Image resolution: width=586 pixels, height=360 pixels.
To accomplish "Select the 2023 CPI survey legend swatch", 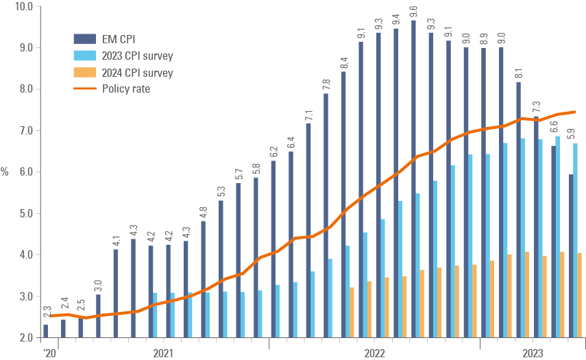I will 84,56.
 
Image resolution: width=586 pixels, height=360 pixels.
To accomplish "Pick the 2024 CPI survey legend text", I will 137,73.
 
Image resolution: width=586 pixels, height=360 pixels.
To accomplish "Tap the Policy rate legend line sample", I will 84,88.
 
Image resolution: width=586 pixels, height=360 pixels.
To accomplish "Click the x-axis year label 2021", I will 163,353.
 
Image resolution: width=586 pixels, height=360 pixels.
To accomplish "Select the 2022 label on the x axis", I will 374,353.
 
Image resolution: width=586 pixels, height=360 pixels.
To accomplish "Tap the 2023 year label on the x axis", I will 533,353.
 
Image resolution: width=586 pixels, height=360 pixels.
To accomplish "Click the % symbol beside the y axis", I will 5,171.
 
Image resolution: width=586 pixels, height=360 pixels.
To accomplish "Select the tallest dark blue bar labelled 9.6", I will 414,178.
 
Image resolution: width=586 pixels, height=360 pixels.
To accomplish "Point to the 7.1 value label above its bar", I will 309,115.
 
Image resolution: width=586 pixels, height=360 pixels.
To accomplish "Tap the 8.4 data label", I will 344,62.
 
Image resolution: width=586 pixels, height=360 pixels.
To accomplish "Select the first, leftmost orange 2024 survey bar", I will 352,312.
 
